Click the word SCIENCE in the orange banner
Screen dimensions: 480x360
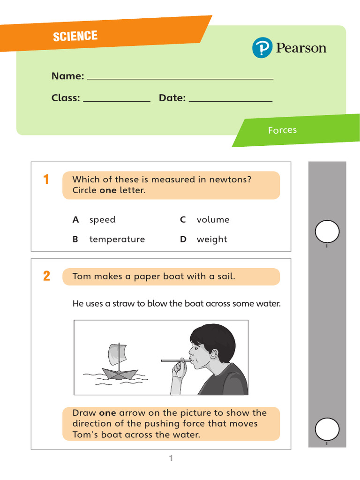75,36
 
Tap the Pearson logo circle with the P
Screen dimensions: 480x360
262,48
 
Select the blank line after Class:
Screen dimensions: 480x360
116,100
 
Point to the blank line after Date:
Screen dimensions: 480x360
230,100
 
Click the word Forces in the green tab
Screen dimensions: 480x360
282,130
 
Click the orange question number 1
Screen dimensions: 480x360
46,180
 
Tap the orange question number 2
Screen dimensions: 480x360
46,277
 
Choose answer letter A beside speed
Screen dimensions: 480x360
75,220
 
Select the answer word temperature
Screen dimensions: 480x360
117,240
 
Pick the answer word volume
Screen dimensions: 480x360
213,220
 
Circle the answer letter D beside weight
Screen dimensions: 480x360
183,240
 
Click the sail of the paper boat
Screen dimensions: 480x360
117,354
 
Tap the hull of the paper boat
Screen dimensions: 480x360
120,374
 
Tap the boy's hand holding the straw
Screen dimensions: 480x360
180,369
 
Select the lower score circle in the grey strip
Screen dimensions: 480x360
327,428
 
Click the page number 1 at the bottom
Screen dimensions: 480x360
171,458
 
